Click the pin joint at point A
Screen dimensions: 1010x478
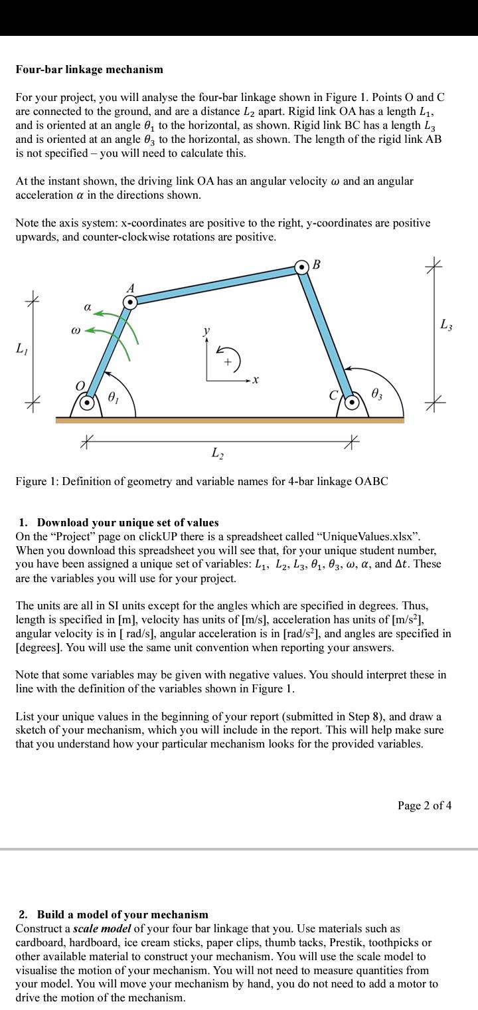coord(131,303)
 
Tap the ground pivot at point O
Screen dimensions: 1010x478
coord(87,402)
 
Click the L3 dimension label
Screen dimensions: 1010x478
coord(446,324)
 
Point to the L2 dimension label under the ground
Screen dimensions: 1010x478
coord(217,453)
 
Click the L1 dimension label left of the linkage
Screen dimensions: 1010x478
coord(22,348)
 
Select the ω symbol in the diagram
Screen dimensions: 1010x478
coord(76,330)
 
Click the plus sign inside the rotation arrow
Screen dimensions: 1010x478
coord(228,362)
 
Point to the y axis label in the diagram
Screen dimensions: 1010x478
coord(206,330)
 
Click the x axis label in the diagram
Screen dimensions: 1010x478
coord(255,380)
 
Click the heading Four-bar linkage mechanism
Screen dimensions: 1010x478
coord(90,69)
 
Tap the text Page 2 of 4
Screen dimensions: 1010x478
coord(425,805)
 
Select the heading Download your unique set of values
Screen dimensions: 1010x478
coord(127,522)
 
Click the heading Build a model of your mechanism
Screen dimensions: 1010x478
coord(122,914)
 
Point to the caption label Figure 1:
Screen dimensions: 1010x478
coord(38,480)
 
